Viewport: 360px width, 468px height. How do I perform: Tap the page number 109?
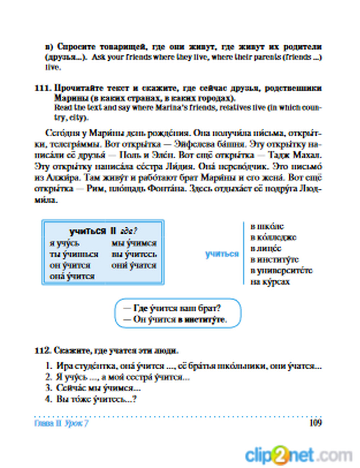tap(315, 423)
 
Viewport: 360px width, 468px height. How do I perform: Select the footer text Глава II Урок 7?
tap(61, 423)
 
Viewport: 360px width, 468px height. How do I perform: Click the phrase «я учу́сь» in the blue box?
tap(64, 243)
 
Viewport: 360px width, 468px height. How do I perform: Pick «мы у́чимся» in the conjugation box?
tap(134, 243)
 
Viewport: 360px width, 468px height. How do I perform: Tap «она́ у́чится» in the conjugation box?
tap(72, 276)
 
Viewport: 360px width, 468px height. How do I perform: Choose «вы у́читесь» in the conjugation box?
tap(134, 255)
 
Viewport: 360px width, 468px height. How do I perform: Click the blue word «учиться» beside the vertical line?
tap(222, 254)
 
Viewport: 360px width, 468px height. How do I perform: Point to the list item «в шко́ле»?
tap(267, 226)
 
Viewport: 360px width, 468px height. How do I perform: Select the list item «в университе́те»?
tap(281, 271)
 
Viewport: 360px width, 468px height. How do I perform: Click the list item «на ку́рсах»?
tap(270, 282)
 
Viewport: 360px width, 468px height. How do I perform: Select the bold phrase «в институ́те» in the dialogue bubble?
tap(202, 320)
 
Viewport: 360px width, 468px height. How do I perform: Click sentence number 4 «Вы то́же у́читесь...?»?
tap(96, 399)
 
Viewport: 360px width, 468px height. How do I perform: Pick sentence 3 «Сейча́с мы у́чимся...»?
tap(98, 388)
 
